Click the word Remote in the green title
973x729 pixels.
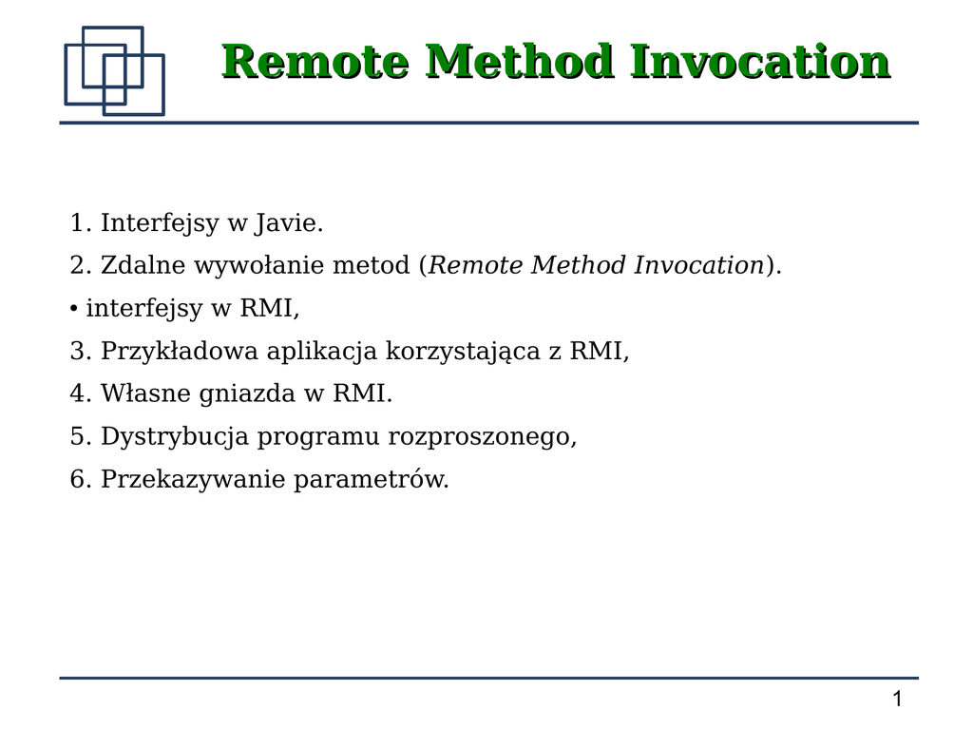[315, 62]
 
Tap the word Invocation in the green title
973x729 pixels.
[760, 62]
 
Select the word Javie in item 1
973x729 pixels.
[289, 223]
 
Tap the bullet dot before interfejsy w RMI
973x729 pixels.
[74, 309]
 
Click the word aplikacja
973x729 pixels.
[322, 352]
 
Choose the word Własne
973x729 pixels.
[145, 393]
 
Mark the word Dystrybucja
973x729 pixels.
[175, 437]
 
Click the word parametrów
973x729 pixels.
[372, 480]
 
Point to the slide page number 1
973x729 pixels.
[897, 700]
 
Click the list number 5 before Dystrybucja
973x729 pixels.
[77, 436]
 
